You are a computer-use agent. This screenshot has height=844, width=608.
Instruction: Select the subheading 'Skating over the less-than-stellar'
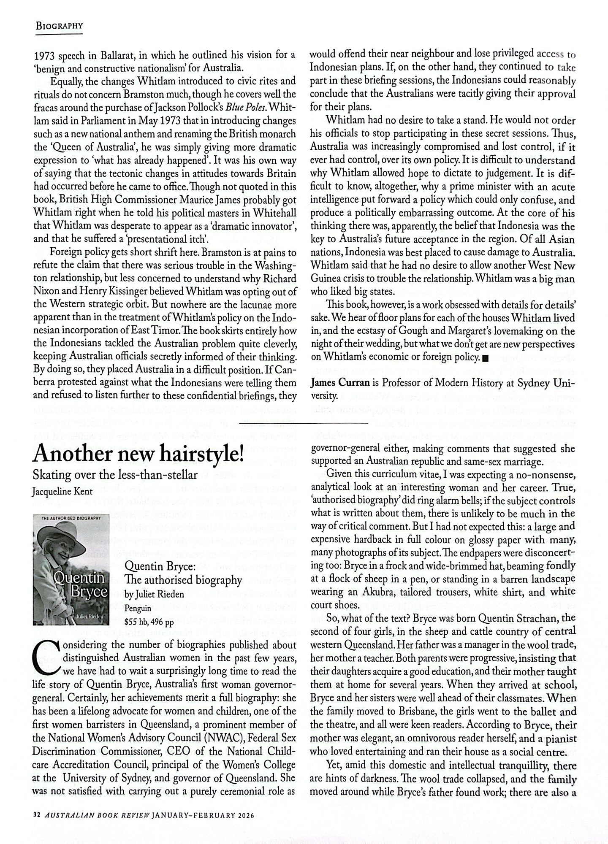(115, 475)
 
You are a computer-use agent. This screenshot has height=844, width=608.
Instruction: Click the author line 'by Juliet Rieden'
(155, 594)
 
